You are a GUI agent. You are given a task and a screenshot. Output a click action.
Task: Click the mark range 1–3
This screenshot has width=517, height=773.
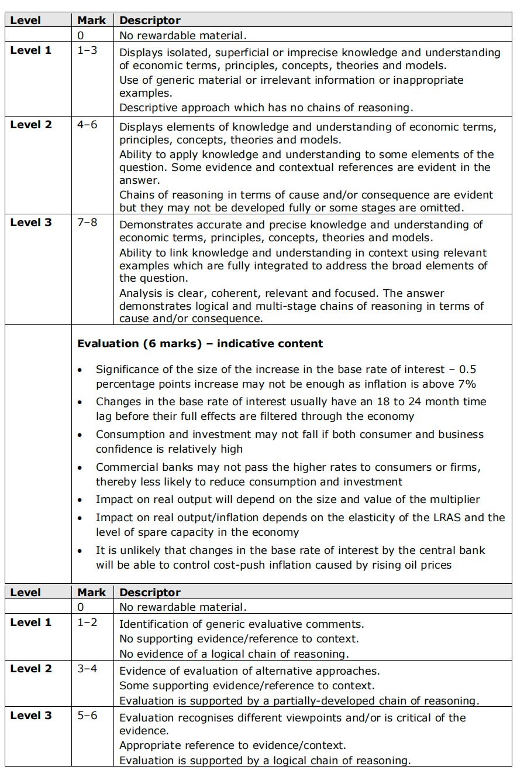click(x=87, y=50)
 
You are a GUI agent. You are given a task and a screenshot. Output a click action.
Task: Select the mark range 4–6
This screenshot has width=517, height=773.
click(x=87, y=125)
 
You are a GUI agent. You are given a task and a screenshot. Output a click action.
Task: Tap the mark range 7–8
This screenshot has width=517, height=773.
click(x=87, y=223)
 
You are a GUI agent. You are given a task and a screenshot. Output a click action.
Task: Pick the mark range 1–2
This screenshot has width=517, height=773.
click(x=87, y=622)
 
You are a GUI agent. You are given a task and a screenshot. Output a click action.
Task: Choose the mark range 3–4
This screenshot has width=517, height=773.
click(x=87, y=669)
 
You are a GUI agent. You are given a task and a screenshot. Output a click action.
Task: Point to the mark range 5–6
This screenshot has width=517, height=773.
click(x=87, y=716)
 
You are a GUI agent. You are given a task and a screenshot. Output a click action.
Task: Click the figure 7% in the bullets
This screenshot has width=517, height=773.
click(x=466, y=384)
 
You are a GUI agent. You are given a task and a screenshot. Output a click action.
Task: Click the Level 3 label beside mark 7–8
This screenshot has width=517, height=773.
click(x=31, y=223)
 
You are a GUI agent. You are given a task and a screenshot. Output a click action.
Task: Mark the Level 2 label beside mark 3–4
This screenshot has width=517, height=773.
click(x=31, y=669)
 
